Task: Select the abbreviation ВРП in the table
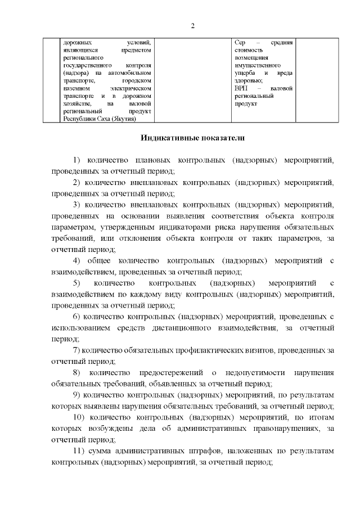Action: (241, 89)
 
